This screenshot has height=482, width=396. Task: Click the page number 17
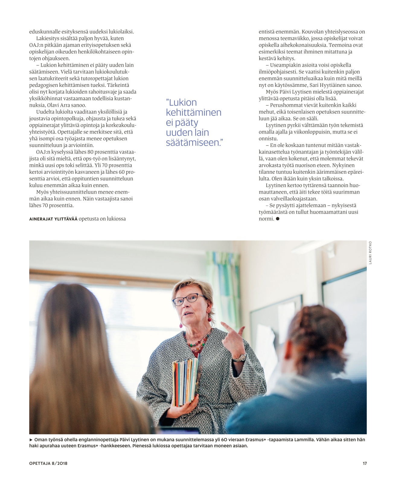tap(364, 463)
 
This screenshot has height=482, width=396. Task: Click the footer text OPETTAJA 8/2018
tap(48, 463)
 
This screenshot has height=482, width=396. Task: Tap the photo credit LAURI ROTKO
tap(370, 253)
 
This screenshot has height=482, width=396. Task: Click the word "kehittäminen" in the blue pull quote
tap(193, 113)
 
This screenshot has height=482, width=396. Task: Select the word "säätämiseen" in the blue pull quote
tap(192, 142)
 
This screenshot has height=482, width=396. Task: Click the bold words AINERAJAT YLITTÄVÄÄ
tap(53, 219)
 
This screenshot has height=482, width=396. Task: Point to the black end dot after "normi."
tap(278, 219)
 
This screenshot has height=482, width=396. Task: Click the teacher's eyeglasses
tap(189, 299)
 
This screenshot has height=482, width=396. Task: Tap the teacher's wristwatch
tap(239, 358)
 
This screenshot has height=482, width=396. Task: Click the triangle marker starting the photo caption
tap(31, 440)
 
